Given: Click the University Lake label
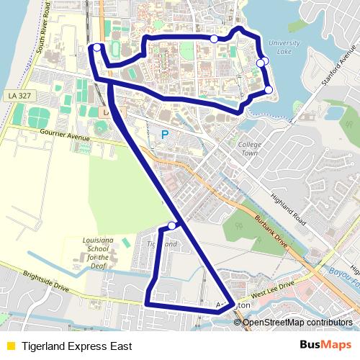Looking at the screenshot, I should pyautogui.click(x=283, y=48).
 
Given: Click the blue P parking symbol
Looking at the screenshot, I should pyautogui.click(x=165, y=135).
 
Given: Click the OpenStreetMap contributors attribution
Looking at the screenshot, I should pyautogui.click(x=297, y=322).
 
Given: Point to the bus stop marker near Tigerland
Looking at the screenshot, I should pyautogui.click(x=172, y=226).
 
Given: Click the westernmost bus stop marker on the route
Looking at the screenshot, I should pyautogui.click(x=97, y=48).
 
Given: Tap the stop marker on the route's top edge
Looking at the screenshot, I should pyautogui.click(x=214, y=38).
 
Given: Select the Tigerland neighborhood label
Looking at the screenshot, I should pyautogui.click(x=162, y=244).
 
